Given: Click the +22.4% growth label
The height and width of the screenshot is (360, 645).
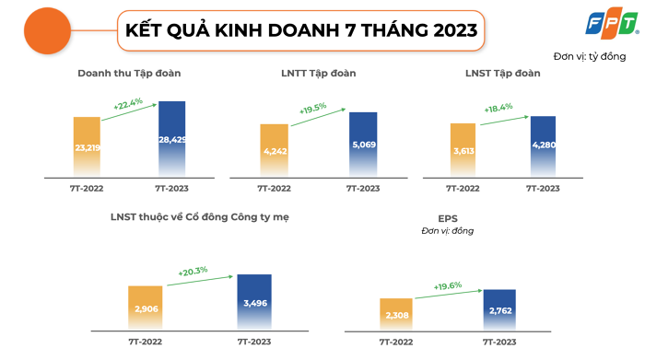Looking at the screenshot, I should pyautogui.click(x=129, y=106).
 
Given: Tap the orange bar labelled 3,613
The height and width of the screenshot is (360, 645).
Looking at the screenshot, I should pyautogui.click(x=463, y=150).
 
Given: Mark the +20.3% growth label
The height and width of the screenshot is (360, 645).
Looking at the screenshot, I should pyautogui.click(x=193, y=271).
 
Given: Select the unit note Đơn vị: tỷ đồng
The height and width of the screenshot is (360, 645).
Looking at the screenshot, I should pyautogui.click(x=590, y=57).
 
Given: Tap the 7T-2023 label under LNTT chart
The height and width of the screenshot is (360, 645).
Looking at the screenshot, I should pyautogui.click(x=362, y=188).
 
